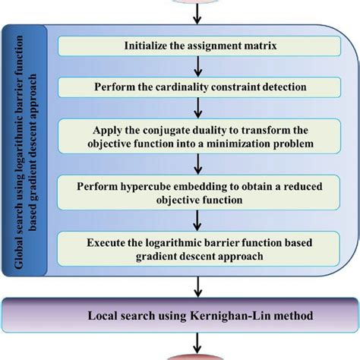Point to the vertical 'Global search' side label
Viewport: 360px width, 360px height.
click(x=30, y=152)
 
